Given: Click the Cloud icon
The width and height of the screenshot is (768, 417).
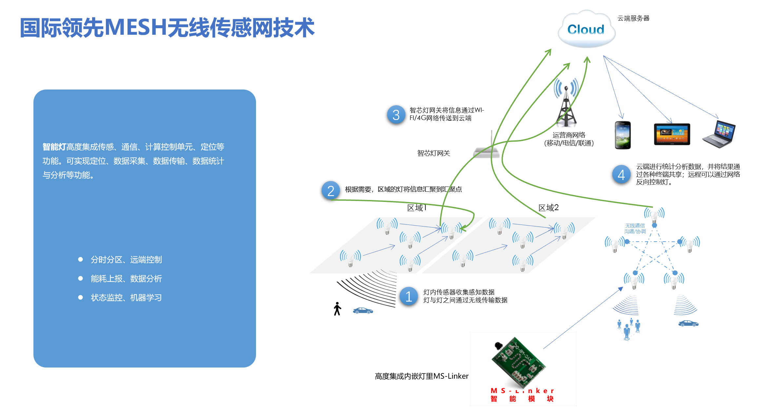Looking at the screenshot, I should (x=586, y=30).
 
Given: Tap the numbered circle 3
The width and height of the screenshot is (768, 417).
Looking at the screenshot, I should (x=396, y=115).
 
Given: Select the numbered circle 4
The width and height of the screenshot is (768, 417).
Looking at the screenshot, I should (x=621, y=175).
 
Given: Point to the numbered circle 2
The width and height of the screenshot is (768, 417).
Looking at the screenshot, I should (x=331, y=191).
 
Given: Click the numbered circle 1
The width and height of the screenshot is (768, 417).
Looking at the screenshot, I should (x=409, y=296).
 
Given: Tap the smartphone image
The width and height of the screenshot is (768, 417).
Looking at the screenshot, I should (x=622, y=135).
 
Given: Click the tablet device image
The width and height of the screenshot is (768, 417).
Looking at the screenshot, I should (x=672, y=134).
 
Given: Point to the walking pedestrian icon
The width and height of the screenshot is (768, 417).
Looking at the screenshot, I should (x=337, y=309).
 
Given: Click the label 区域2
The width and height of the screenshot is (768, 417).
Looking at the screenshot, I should (x=548, y=208).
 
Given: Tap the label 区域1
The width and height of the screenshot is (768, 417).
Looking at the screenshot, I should (x=417, y=208).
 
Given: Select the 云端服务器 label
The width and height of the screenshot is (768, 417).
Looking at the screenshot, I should (x=633, y=18).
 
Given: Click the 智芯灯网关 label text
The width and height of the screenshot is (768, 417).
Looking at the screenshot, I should (x=433, y=153).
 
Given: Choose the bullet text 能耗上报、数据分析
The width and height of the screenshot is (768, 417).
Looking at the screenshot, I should (x=126, y=279).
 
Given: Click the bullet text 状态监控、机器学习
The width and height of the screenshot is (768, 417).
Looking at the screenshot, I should (x=126, y=298).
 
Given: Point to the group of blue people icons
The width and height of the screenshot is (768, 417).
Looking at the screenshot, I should (x=628, y=329).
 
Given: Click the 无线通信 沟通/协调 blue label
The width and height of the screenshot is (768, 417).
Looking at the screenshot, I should (x=635, y=228).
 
